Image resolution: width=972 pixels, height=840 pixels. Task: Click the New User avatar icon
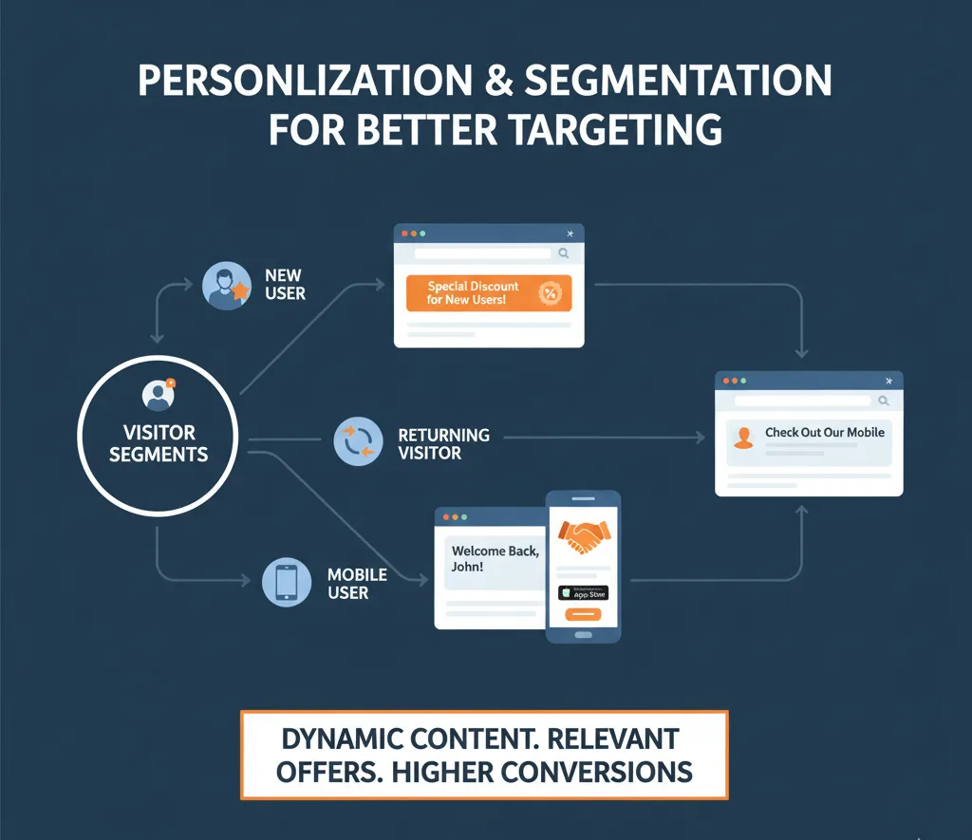(227, 285)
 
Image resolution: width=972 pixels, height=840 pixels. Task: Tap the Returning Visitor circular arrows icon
(358, 442)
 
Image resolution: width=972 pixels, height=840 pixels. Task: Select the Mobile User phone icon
(286, 582)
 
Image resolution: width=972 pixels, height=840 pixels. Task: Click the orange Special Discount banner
(488, 293)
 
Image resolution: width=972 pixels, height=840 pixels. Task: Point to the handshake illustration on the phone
(583, 538)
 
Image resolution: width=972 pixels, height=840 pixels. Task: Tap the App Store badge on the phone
(583, 593)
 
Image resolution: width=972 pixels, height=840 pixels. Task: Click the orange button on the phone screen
(583, 615)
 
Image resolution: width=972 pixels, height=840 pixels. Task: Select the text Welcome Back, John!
(495, 559)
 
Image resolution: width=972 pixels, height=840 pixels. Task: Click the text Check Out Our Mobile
(824, 433)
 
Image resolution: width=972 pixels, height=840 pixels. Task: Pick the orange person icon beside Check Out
(744, 437)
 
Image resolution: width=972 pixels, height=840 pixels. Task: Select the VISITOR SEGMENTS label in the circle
(159, 443)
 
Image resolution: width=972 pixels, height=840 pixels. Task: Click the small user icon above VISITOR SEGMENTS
(157, 394)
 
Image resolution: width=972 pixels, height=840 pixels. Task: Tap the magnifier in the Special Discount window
(564, 253)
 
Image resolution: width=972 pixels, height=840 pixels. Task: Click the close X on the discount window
(570, 233)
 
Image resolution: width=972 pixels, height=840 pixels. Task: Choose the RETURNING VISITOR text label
(443, 443)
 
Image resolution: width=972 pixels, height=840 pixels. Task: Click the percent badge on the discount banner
(548, 293)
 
